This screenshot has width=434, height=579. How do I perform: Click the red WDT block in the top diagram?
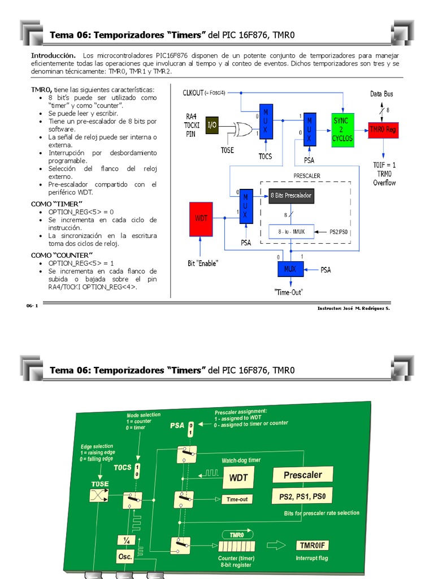tap(201, 219)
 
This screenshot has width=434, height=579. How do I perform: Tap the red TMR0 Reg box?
tap(384, 129)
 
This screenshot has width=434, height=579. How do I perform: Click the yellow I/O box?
tap(211, 125)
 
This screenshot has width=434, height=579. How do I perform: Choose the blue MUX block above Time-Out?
tap(290, 269)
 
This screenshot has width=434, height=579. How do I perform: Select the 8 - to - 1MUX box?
tap(290, 231)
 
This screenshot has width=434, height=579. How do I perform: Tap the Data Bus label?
tap(381, 94)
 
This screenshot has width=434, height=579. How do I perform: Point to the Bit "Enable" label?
tap(203, 263)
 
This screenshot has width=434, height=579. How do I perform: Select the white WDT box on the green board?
tap(238, 478)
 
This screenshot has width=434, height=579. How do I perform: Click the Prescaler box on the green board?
tap(302, 475)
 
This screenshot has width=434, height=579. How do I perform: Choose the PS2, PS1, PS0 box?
tap(302, 497)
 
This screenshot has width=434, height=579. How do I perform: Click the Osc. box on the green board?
tap(125, 556)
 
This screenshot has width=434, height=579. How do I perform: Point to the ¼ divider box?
tap(125, 541)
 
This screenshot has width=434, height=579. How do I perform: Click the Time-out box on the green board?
tap(237, 499)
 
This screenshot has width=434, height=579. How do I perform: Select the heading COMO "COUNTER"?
tap(62, 255)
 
